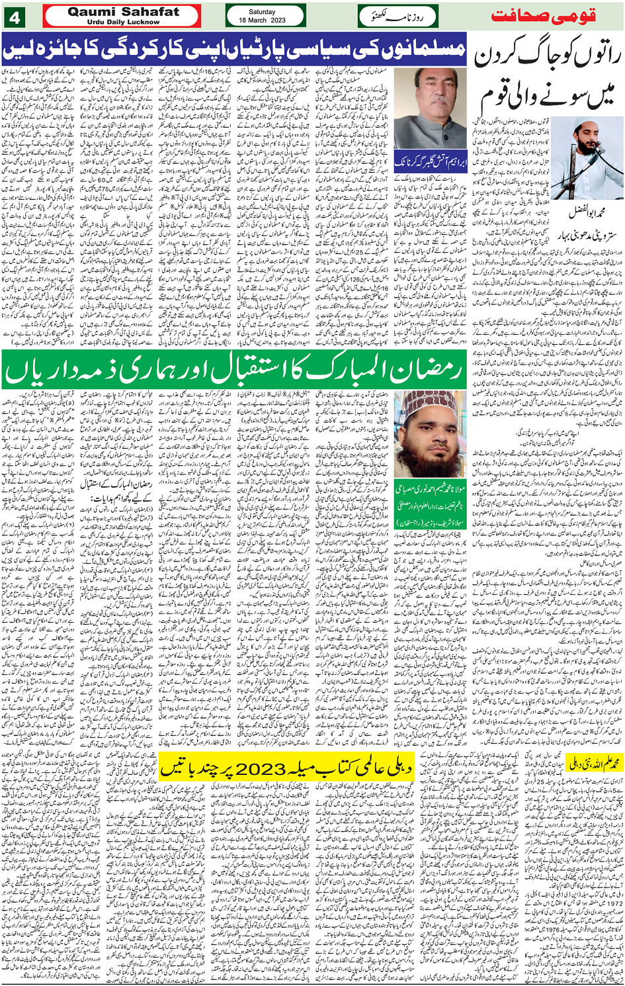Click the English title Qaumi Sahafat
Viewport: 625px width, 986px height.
point(122,11)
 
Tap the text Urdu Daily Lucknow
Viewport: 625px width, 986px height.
point(122,22)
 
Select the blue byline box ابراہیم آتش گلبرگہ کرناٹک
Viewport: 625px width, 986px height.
point(431,161)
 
